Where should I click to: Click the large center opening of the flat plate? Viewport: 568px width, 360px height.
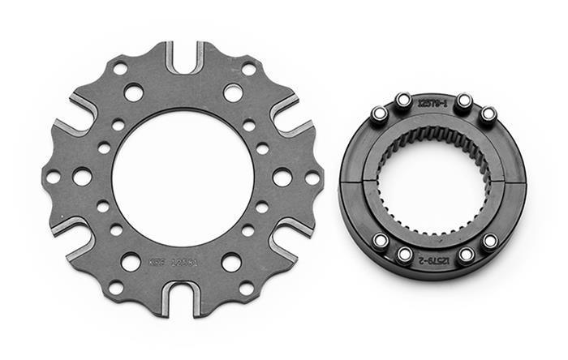pos(183,178)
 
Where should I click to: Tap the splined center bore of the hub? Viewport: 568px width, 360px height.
pos(434,179)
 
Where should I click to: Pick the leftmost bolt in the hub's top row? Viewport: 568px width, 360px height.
pos(378,114)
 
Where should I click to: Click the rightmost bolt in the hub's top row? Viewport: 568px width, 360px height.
pos(488,114)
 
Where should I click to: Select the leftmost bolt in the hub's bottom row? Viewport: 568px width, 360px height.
pos(379,240)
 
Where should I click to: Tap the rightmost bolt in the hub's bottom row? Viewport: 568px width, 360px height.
pos(489,241)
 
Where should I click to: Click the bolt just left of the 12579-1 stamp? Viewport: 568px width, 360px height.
pos(403,101)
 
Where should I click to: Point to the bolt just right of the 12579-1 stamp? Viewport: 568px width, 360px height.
pos(463,102)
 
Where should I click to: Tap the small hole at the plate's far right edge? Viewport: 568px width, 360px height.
pos(312,178)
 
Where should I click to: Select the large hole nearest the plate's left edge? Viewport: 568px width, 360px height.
pos(82,176)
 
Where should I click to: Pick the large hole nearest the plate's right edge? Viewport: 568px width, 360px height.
pos(282,177)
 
